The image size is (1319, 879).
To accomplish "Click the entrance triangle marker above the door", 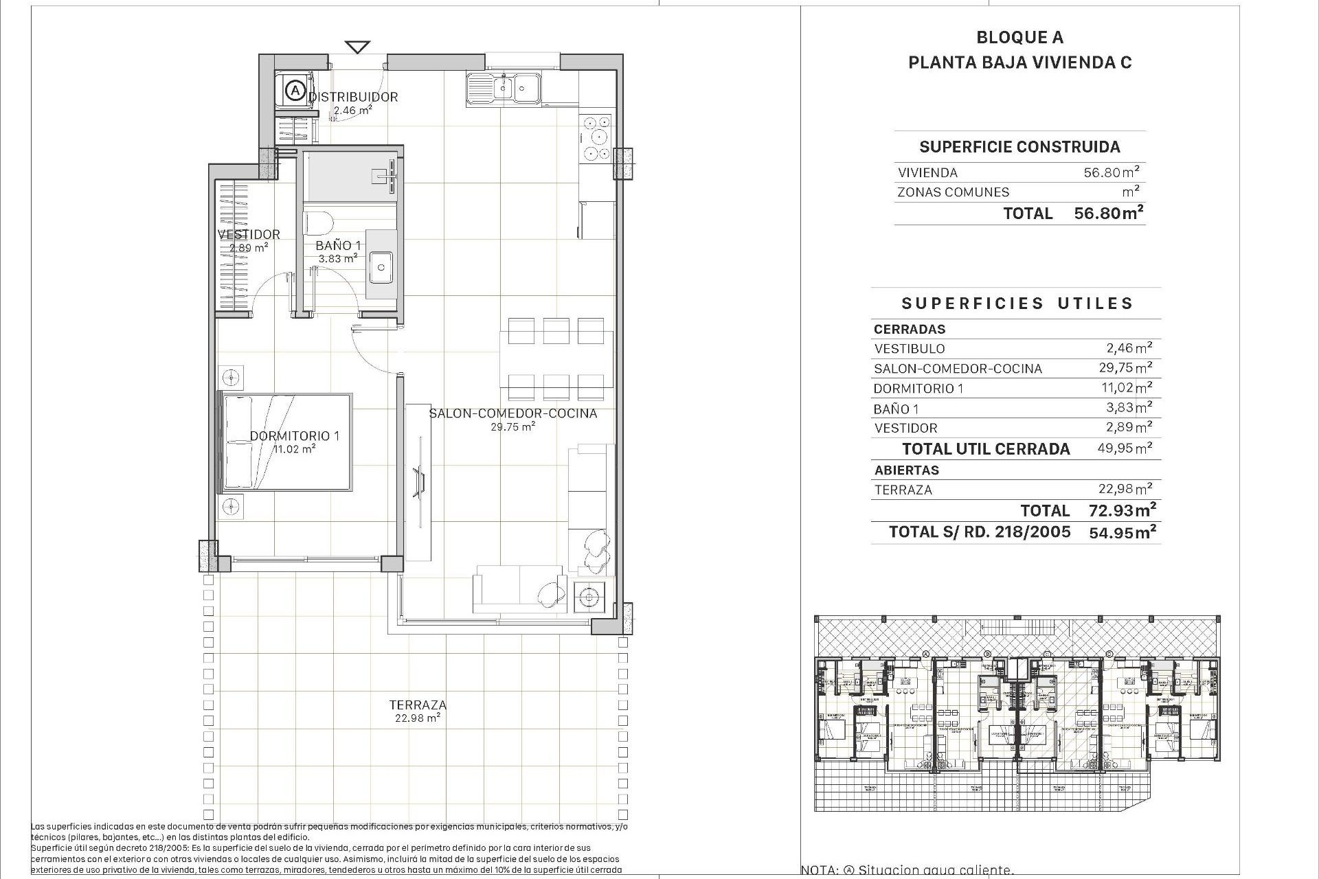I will click(357, 47).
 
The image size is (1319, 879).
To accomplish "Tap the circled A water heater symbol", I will click(295, 90).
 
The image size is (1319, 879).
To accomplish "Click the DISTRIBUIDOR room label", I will click(353, 97).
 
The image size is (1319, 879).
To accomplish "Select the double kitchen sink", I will click(504, 89).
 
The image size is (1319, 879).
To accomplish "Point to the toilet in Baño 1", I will click(318, 223).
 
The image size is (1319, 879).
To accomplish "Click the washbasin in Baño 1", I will click(381, 268).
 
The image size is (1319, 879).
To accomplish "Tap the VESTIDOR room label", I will click(249, 234).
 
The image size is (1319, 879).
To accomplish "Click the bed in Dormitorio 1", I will click(285, 442).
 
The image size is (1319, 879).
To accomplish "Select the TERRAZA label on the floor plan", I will click(418, 705).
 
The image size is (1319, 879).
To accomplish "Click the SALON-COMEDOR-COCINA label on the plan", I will click(512, 413).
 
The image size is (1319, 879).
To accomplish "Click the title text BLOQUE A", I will click(1019, 38).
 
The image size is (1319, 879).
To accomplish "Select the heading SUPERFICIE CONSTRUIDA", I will click(1019, 146).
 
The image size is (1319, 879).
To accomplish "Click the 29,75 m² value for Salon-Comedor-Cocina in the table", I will click(1125, 367).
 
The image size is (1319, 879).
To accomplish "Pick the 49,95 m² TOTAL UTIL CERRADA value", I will click(1125, 448).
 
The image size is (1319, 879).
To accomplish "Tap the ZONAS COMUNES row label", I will click(953, 192).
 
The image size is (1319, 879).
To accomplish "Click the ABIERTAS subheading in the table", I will click(906, 470).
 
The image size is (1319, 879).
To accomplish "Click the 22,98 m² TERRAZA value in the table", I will click(1125, 489).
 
